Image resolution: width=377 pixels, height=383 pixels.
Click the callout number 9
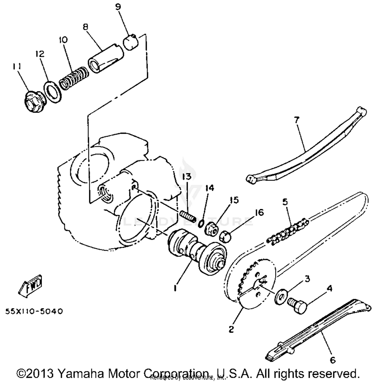118,7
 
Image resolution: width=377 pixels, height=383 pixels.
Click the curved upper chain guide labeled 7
307,148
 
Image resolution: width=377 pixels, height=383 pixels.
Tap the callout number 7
297,120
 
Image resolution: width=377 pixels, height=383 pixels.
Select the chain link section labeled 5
288,230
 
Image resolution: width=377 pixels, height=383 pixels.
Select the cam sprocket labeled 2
251,281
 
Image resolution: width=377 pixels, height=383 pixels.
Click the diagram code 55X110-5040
34,311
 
